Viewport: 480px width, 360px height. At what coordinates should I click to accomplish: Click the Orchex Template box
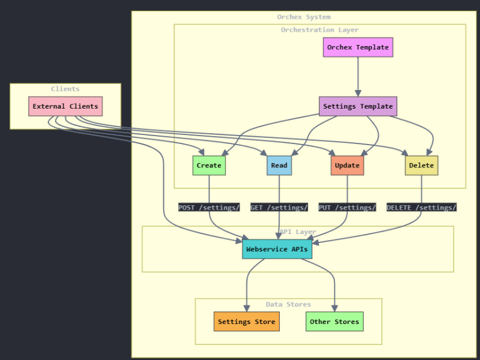point(358,47)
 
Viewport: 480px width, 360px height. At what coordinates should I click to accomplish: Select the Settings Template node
point(358,106)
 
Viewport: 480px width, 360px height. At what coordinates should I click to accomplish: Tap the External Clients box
point(65,106)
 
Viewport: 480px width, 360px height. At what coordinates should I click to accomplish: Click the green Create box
point(209,165)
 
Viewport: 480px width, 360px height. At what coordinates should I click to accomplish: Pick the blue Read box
point(279,165)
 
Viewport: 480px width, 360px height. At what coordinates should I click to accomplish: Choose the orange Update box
point(347,165)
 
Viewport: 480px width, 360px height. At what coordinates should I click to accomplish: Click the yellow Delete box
point(421,165)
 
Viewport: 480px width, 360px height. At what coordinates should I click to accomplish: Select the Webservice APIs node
point(277,249)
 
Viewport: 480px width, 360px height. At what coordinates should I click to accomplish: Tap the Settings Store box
point(247,322)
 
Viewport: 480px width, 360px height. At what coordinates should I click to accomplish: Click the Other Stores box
point(334,322)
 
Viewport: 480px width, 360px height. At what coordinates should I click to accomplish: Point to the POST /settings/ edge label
point(209,207)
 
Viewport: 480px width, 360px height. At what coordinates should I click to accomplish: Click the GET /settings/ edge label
point(279,207)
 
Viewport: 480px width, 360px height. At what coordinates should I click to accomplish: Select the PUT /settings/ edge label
point(347,207)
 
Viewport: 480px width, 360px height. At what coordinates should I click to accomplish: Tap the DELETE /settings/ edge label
point(421,207)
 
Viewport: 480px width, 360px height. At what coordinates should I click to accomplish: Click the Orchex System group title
point(304,17)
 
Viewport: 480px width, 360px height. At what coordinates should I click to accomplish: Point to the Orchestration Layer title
point(319,30)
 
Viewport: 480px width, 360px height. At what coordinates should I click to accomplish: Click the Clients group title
point(65,89)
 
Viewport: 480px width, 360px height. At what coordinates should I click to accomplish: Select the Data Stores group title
point(288,304)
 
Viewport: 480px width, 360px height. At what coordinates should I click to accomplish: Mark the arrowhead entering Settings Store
point(247,308)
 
